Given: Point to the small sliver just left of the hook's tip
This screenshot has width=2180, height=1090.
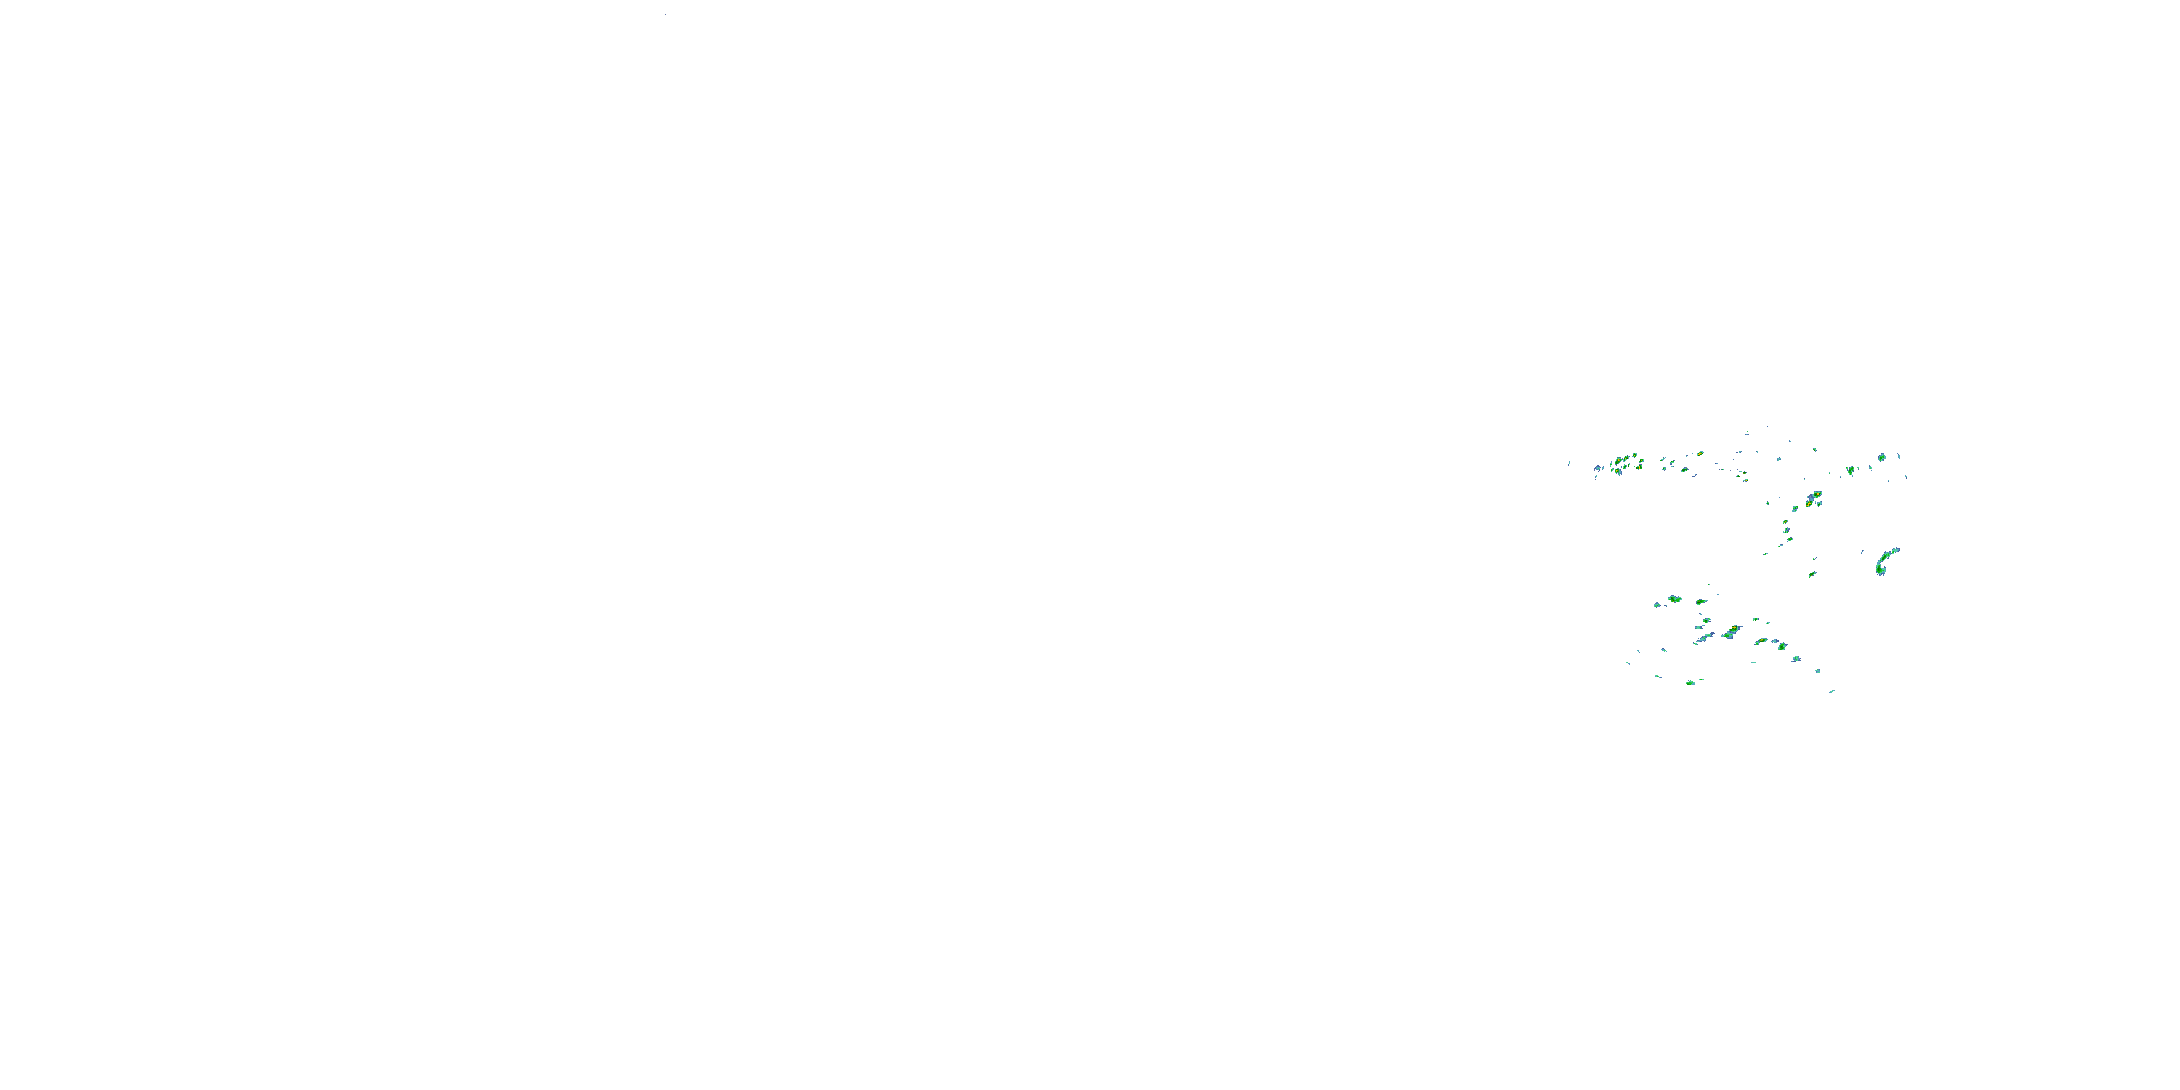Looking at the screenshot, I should [1862, 552].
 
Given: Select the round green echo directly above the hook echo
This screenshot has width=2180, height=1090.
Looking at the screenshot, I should [1881, 457].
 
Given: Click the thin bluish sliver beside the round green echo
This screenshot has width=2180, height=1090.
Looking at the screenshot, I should [1898, 457].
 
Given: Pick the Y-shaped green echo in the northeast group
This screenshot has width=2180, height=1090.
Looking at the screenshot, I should [1851, 469].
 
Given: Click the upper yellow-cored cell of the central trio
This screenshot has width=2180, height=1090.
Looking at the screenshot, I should [1816, 495].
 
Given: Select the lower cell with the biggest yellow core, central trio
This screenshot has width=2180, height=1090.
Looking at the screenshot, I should [1809, 503].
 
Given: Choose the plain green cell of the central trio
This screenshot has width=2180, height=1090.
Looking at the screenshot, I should [1794, 509].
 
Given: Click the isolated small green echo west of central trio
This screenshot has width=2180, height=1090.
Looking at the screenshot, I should [1767, 503].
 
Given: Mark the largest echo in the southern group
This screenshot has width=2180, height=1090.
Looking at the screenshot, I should [1732, 631].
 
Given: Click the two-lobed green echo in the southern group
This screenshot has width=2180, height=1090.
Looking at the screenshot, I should [1674, 599].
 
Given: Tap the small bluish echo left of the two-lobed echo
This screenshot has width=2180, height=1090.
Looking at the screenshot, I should [1657, 605].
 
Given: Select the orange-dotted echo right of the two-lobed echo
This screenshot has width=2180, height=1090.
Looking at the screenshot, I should [1701, 601].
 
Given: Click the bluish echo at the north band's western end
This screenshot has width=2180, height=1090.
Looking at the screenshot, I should [1598, 468].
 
